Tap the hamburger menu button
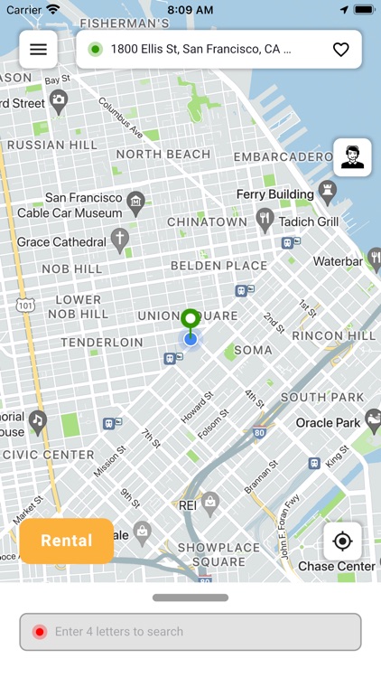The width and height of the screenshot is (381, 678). pyautogui.click(x=38, y=50)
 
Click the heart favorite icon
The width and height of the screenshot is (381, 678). pyautogui.click(x=340, y=50)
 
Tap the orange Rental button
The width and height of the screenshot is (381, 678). pyautogui.click(x=67, y=541)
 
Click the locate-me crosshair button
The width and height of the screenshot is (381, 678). pyautogui.click(x=342, y=541)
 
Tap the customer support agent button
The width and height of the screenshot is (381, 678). pyautogui.click(x=352, y=157)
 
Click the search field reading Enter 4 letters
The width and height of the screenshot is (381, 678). pyautogui.click(x=190, y=632)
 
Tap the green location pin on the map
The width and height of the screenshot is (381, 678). pyautogui.click(x=190, y=320)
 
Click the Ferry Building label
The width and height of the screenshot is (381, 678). pyautogui.click(x=275, y=194)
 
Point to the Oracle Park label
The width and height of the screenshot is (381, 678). pyautogui.click(x=328, y=422)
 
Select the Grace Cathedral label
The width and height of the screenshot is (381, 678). pyautogui.click(x=61, y=242)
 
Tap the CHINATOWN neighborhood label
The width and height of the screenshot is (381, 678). pyautogui.click(x=207, y=221)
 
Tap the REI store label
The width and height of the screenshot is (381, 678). pyautogui.click(x=189, y=505)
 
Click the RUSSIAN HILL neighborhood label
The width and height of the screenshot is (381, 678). pyautogui.click(x=51, y=145)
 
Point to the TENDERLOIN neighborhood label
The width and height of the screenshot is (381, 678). pyautogui.click(x=101, y=343)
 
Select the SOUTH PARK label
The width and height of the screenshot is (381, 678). pyautogui.click(x=322, y=397)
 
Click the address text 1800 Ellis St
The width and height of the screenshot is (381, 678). pyautogui.click(x=200, y=50)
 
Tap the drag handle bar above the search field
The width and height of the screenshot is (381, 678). pyautogui.click(x=190, y=598)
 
